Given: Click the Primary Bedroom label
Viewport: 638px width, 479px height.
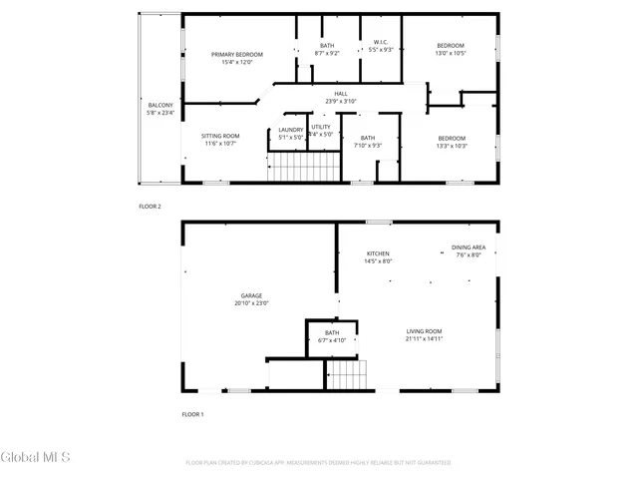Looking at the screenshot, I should coord(237,54).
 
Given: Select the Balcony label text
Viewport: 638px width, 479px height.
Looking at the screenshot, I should coord(159,106).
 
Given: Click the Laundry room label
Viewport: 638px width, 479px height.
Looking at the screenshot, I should coord(291,130).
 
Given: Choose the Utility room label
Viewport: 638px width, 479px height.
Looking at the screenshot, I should coord(320,128).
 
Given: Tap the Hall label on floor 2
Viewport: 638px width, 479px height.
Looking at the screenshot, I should coord(341,93).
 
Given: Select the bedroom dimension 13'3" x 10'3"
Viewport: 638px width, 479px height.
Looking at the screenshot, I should coord(452,146).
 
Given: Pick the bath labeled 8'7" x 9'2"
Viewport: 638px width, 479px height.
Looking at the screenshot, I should coord(327,53).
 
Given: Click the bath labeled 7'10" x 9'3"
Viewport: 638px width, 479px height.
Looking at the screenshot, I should coord(368,146).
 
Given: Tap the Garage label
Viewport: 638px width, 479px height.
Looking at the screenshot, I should coord(250,295).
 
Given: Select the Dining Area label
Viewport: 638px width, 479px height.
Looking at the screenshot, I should coord(469,246).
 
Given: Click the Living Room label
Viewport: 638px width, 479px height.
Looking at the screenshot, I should coord(424,331).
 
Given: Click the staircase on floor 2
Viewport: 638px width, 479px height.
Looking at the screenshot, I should coord(303,165).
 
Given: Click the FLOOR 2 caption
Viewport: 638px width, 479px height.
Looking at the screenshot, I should coord(151,207).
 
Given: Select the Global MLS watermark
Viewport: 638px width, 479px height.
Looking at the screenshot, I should coord(36,457).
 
